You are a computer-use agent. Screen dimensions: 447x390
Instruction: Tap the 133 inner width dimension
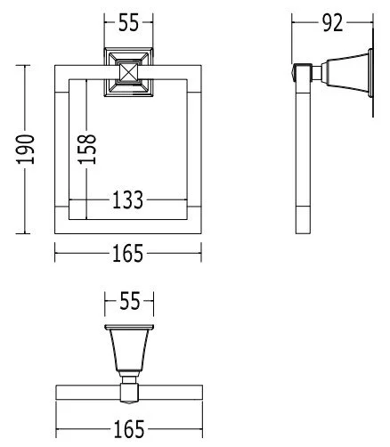tap(128, 201)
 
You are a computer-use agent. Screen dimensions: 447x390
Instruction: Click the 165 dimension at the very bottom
tap(128, 430)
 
